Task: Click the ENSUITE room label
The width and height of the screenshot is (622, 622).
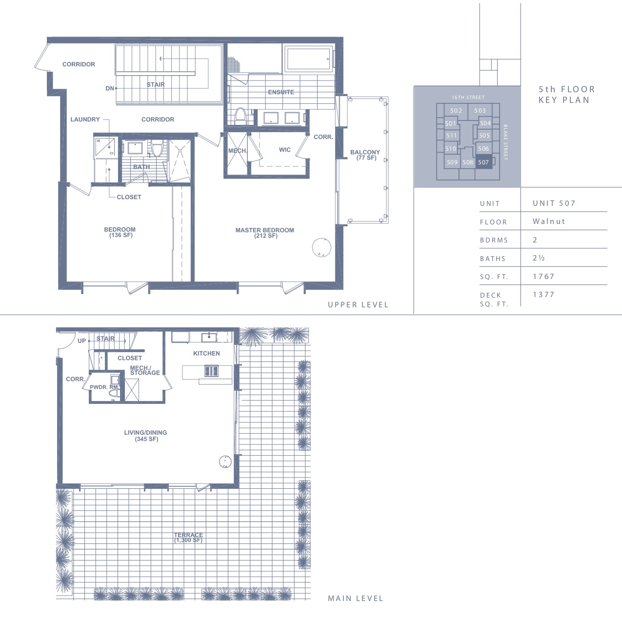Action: (x=281, y=92)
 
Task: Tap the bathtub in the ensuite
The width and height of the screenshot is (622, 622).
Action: (x=308, y=59)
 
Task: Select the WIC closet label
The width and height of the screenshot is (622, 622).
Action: (x=285, y=150)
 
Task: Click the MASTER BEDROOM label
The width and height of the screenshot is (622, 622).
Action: (x=265, y=233)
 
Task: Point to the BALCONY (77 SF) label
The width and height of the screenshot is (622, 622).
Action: (x=365, y=155)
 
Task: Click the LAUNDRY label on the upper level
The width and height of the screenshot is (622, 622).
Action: (x=85, y=120)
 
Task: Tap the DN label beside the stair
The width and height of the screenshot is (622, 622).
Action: (x=110, y=88)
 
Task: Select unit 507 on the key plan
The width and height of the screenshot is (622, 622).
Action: (x=483, y=162)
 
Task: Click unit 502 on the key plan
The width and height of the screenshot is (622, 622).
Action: (x=456, y=110)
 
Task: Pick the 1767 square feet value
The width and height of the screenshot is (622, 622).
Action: (x=543, y=276)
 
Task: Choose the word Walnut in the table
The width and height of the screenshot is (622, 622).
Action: (x=549, y=221)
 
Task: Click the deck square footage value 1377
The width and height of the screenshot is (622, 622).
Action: (x=543, y=294)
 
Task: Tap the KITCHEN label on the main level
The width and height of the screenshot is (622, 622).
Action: (x=206, y=354)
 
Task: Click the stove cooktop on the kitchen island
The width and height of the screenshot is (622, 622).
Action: (x=211, y=371)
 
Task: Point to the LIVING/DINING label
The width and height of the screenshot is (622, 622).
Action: (x=145, y=436)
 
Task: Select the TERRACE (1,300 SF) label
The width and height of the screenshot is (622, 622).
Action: (x=188, y=538)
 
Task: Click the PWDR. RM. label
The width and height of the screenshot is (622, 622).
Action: (x=104, y=387)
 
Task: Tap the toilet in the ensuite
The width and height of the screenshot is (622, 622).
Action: (x=240, y=116)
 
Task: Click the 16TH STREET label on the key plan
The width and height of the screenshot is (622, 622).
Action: (x=468, y=97)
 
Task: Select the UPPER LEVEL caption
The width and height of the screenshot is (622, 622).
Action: (x=358, y=305)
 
